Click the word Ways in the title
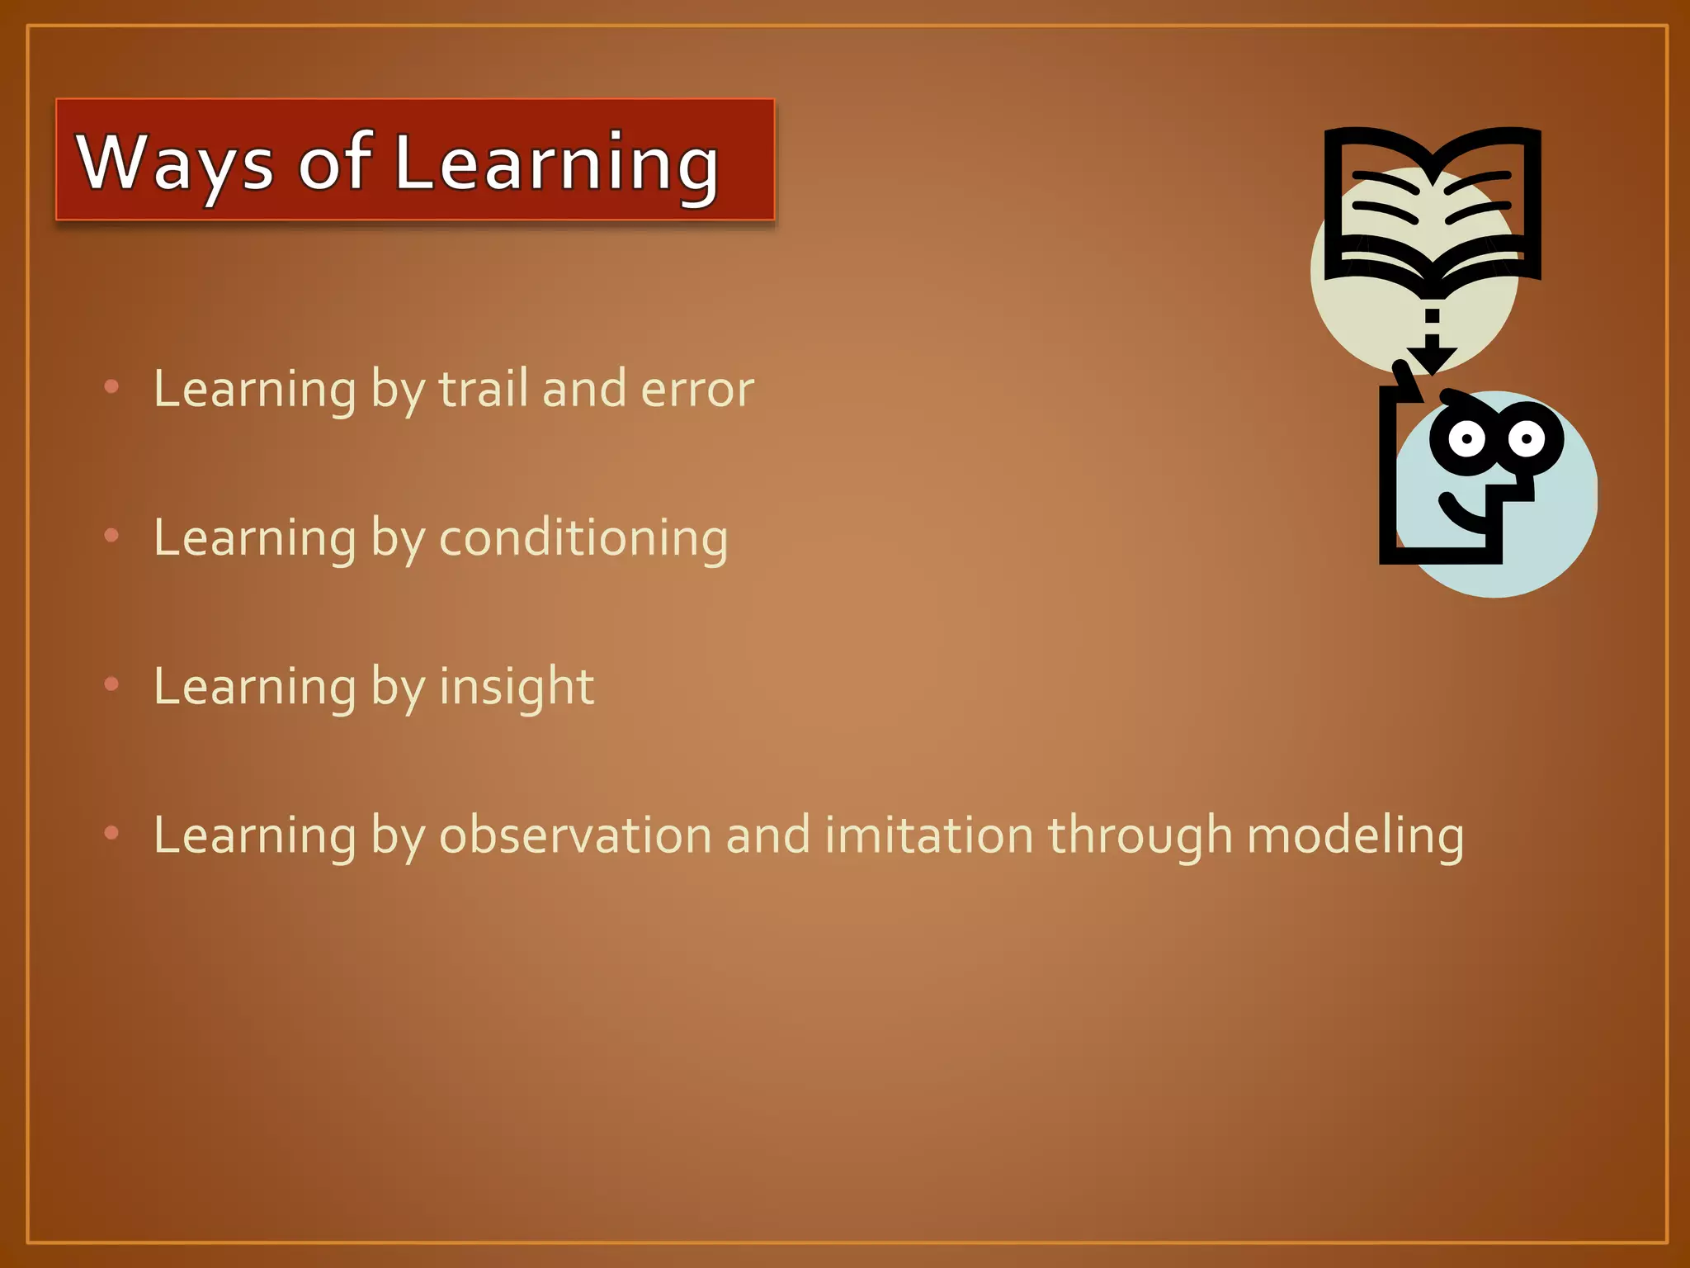[174, 163]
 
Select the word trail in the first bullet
[484, 388]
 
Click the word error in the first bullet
[696, 388]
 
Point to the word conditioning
[583, 538]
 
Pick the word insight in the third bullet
[516, 686]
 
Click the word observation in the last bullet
[575, 835]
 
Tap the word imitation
[928, 835]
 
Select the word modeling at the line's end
[1355, 835]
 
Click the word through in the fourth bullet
[1140, 835]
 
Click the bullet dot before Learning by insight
[111, 684]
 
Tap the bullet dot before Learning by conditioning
[111, 537]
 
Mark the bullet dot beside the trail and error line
[111, 386]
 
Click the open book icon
[1432, 206]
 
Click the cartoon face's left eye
[1467, 438]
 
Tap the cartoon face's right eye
[1527, 438]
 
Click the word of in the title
[333, 163]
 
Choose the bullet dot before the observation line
[111, 833]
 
